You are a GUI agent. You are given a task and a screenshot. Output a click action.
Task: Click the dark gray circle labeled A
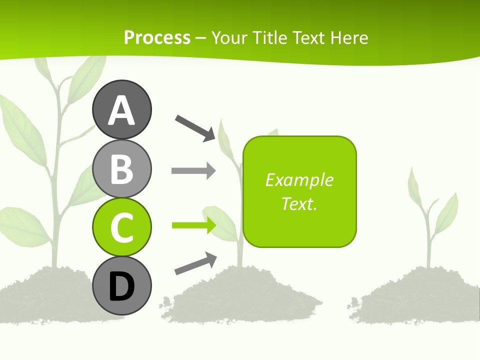point(121,109)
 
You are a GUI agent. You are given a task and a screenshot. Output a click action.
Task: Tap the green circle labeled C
point(121,227)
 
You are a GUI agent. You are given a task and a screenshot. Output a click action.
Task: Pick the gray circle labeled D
point(121,285)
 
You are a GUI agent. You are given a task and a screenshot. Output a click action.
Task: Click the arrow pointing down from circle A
point(195,128)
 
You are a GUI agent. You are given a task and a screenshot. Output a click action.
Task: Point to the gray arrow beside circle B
point(193,171)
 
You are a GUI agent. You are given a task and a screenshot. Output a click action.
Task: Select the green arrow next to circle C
point(193,225)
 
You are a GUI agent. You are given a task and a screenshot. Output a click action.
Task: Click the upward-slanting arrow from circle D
point(195,263)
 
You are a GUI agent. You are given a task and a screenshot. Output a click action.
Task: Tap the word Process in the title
point(157,38)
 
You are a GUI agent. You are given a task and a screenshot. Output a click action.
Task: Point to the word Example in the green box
point(299,180)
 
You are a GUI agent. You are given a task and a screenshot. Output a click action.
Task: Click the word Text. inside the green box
point(299,203)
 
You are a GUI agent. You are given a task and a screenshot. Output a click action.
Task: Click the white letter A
point(121,110)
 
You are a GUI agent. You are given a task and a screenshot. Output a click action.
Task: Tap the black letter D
point(121,286)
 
